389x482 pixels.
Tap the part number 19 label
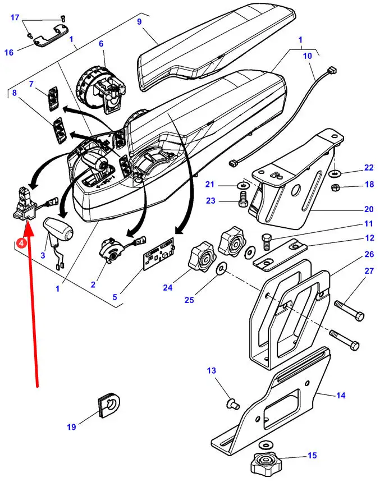71,427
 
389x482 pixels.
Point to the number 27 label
369,270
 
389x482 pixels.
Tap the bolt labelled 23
243,199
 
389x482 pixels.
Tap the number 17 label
15,17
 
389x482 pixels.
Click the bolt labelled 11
267,243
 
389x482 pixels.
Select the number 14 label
340,396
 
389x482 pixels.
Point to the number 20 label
368,209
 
